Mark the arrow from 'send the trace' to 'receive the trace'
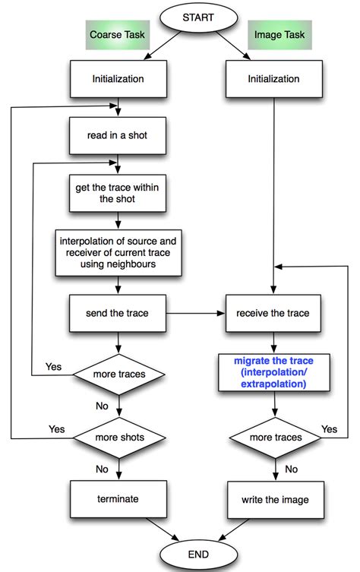pyautogui.click(x=195, y=313)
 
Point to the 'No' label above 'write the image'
pyautogui.click(x=292, y=469)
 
